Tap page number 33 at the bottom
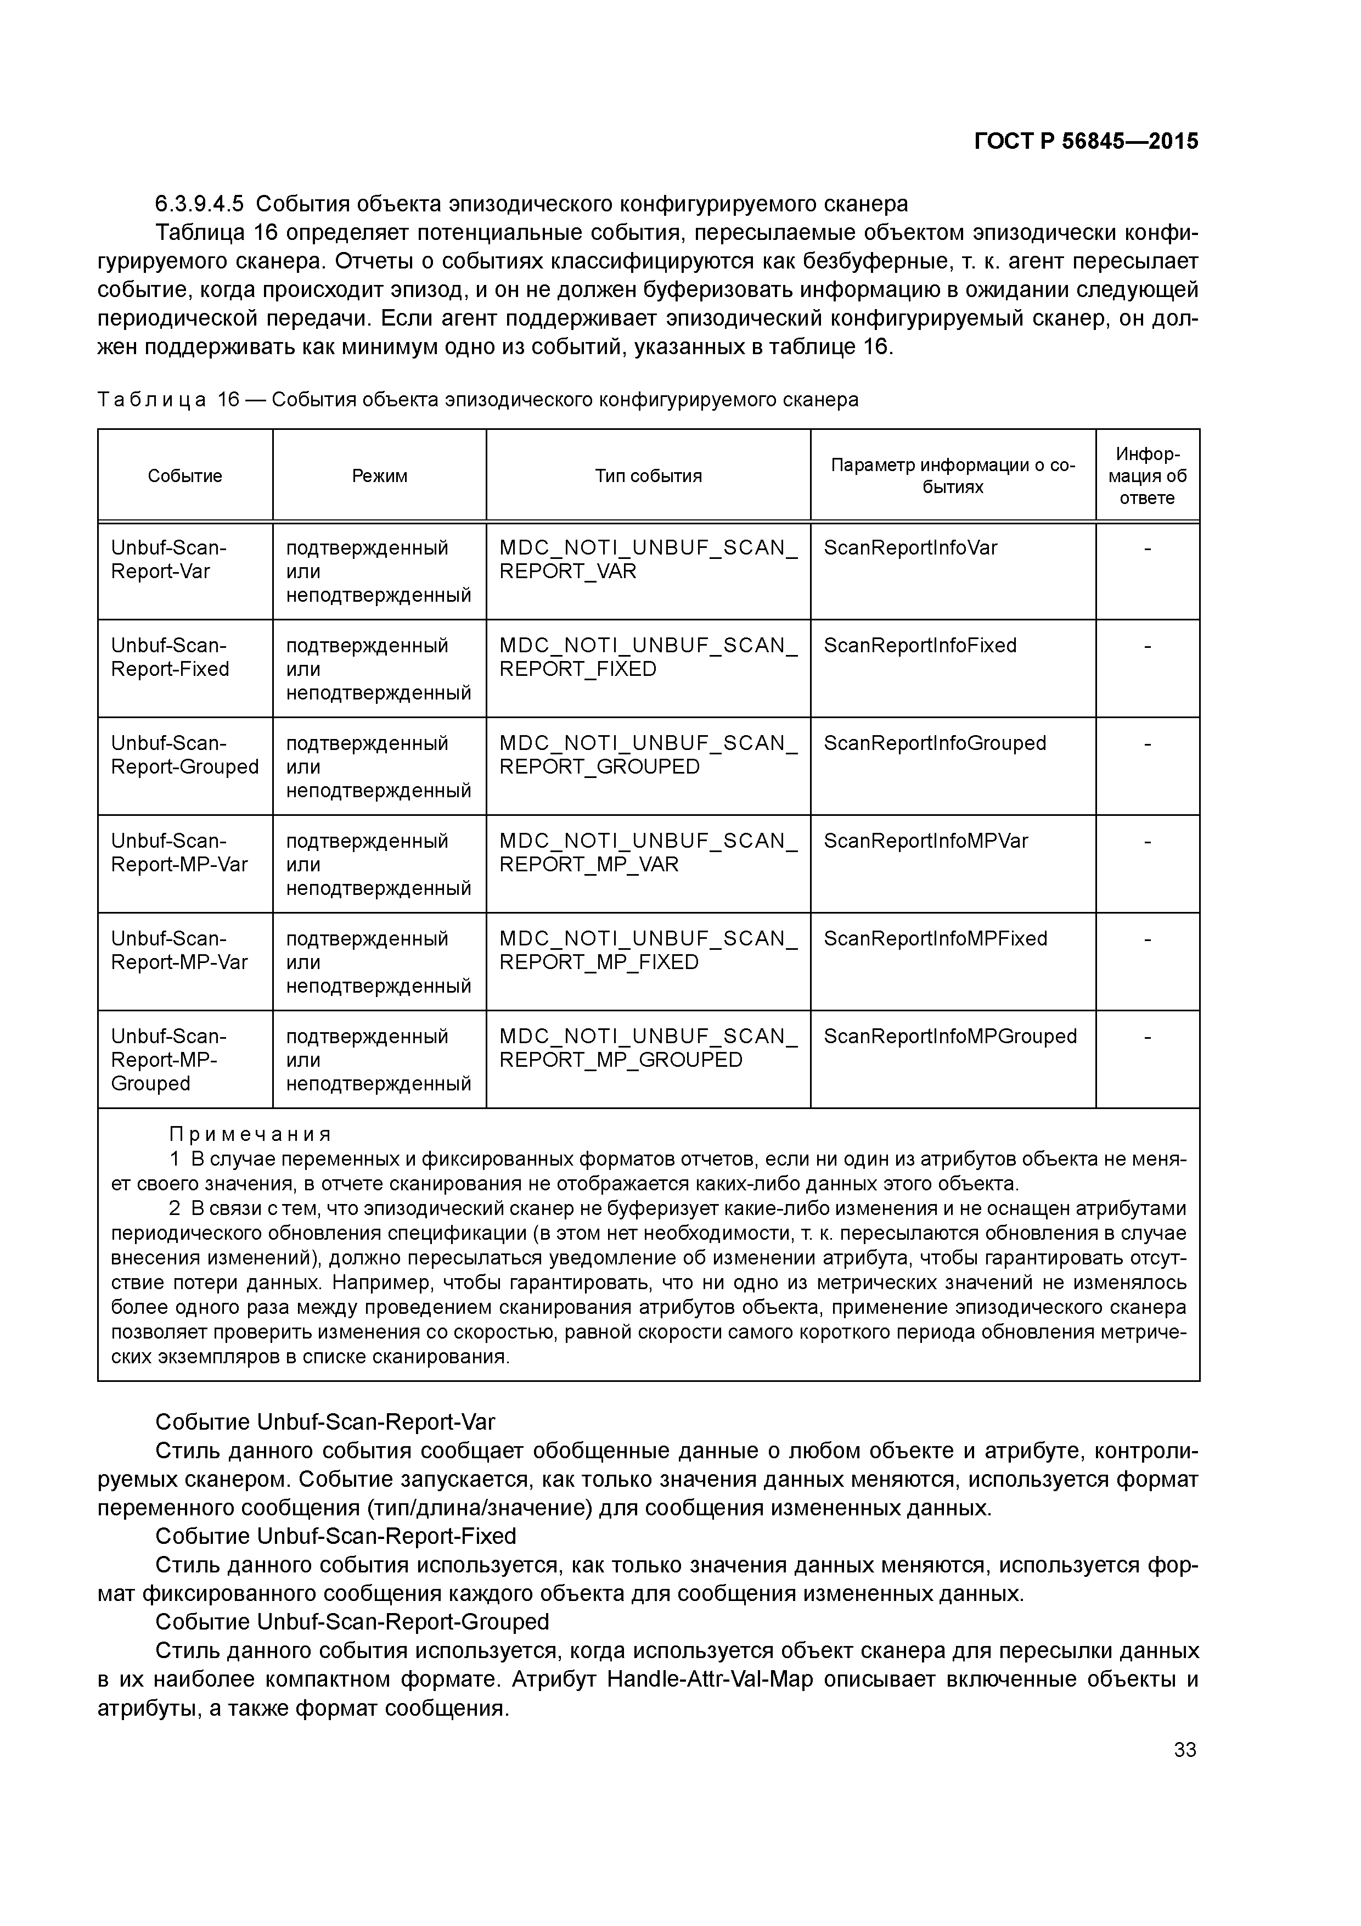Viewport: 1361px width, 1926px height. [x=1184, y=1750]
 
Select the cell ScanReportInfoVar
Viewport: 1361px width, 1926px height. [x=910, y=548]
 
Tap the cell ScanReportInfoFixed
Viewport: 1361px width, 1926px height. [x=919, y=645]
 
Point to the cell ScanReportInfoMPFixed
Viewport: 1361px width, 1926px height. [x=935, y=939]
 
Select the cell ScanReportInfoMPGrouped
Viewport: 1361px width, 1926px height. [x=949, y=1036]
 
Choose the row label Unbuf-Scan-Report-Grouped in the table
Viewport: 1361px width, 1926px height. [x=184, y=755]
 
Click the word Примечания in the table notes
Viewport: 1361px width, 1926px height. [x=250, y=1135]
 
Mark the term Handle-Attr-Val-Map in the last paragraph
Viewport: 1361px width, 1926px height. [x=708, y=1680]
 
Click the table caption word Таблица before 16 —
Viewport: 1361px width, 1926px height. [x=151, y=400]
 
